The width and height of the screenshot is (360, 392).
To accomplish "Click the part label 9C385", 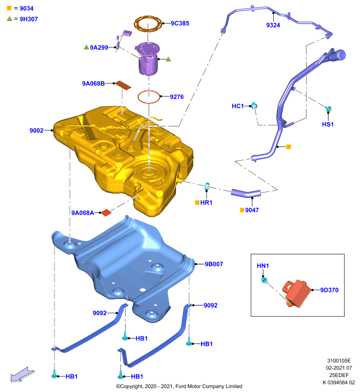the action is coord(180,23).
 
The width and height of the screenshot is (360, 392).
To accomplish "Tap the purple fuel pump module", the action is coord(148,58).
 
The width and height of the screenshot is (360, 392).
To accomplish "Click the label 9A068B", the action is coord(93,83).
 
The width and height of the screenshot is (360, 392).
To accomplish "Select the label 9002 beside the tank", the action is coord(36,130).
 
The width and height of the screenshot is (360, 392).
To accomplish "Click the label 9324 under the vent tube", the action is coord(273,25).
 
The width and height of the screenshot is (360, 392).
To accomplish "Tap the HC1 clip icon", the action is coord(254,105).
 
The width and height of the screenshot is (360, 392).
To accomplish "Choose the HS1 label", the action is coord(328,124).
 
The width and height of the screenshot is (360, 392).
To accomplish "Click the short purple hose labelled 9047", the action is coord(246,193).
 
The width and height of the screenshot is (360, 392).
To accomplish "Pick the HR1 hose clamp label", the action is coord(206,202).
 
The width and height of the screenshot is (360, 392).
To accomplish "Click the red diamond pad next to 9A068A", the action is coord(106,213).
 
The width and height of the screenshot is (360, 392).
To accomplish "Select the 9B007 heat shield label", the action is coord(214,264).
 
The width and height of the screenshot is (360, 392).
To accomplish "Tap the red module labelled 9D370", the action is coord(297,293).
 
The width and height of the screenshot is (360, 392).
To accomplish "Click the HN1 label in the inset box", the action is coord(263,266).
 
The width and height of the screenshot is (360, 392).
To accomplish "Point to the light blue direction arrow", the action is coord(22,374).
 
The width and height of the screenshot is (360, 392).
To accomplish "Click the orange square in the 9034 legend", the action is coord(9,8).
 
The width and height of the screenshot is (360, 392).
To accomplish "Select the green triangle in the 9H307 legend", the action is coord(9,19).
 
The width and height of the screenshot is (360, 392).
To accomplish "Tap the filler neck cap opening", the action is coord(341,55).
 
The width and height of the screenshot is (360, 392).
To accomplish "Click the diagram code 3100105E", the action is coord(339,361).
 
